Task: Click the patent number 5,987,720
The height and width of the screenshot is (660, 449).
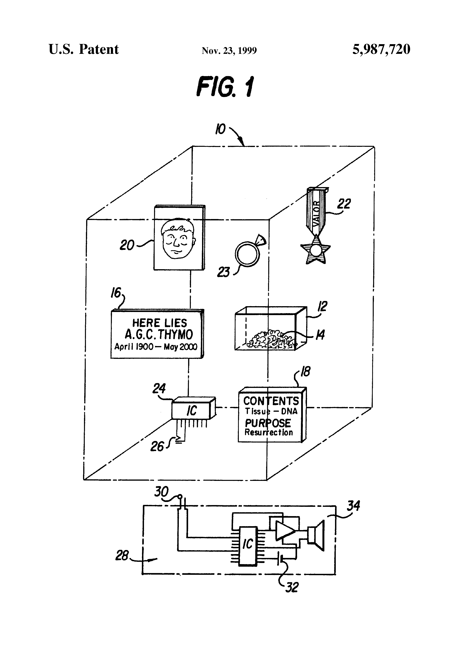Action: point(381,49)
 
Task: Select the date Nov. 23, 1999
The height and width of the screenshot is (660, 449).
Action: point(229,51)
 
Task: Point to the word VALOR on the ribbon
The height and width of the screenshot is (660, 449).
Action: point(316,213)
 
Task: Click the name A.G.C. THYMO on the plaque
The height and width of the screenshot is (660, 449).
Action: point(159,334)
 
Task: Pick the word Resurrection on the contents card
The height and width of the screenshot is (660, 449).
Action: point(268,432)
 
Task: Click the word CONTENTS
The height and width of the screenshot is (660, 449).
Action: point(271,401)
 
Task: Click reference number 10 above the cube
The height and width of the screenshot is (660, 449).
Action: point(220,129)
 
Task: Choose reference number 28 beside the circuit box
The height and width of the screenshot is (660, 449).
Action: point(122,555)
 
